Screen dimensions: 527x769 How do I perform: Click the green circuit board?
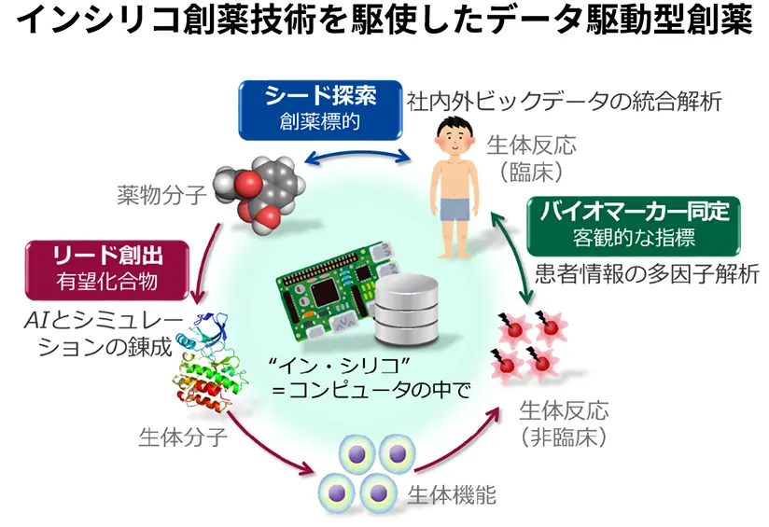[330, 285]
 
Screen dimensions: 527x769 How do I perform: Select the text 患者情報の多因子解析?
[634, 277]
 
